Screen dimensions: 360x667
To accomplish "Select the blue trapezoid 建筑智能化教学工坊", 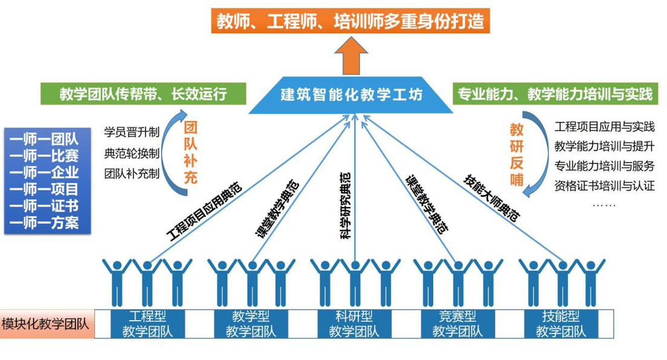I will [352, 95].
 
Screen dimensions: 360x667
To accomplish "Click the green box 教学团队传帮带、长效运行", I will [144, 94].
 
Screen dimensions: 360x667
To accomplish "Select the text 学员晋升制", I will [132, 132].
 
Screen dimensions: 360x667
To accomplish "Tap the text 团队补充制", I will [132, 174].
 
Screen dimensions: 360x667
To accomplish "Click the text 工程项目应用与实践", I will [604, 127].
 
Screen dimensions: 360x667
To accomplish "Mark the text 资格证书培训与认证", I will [604, 185].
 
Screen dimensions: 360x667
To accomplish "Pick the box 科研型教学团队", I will [354, 324].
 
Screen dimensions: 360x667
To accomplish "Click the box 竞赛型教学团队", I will [457, 324].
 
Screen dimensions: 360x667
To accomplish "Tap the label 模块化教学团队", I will [45, 324].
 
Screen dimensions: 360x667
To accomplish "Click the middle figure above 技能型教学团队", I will [562, 280].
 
